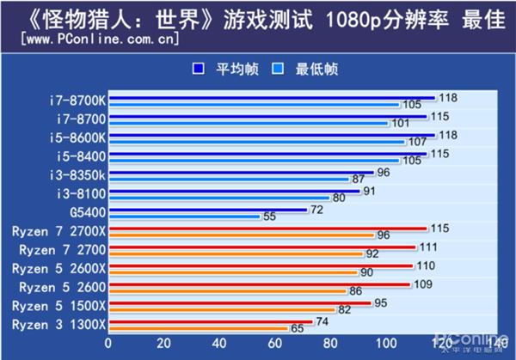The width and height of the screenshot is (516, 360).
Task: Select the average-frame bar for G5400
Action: click(206, 210)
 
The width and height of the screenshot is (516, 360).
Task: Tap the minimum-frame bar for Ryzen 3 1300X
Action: click(198, 328)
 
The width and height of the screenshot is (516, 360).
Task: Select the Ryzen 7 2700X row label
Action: click(58, 230)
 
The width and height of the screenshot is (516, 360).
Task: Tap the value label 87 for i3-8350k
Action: click(359, 179)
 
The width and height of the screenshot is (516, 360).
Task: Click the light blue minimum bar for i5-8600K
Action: click(254, 141)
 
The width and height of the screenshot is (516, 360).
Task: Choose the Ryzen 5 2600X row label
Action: click(58, 268)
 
